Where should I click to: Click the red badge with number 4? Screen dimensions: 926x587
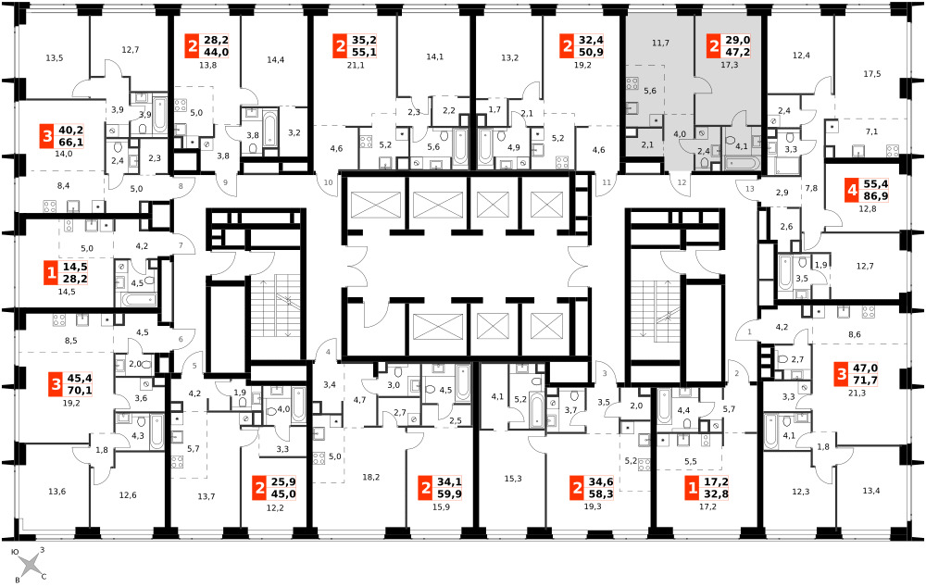point(851,191)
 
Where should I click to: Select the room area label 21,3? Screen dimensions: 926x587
point(857,393)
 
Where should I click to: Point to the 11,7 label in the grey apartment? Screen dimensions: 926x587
point(660,43)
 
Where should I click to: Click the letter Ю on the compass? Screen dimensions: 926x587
point(16,552)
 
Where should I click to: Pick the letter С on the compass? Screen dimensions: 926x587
point(44,577)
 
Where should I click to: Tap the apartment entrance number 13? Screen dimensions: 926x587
point(749,189)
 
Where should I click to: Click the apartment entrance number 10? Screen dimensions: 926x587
point(329,182)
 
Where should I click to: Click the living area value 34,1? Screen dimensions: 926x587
point(449,481)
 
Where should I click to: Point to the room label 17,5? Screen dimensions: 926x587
point(871,74)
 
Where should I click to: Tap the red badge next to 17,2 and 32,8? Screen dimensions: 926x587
point(691,489)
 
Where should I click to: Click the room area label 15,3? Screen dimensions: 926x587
point(513,479)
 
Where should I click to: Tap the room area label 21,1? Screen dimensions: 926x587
point(356,65)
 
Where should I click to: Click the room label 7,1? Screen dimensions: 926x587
point(871,131)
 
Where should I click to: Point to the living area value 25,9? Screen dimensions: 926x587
point(283,481)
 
